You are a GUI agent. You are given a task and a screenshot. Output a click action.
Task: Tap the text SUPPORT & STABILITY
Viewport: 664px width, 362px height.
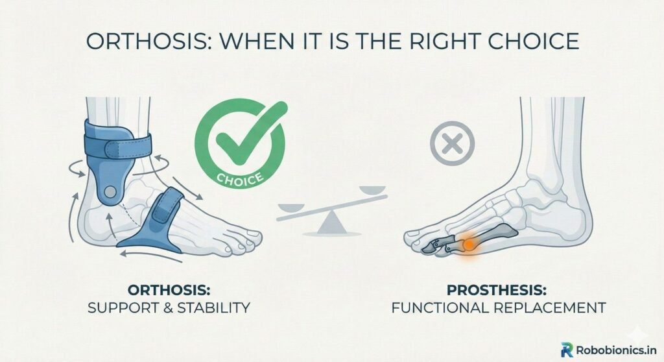point(169,307)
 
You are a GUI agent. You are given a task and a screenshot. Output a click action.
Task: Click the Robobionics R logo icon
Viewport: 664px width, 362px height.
point(567,348)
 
